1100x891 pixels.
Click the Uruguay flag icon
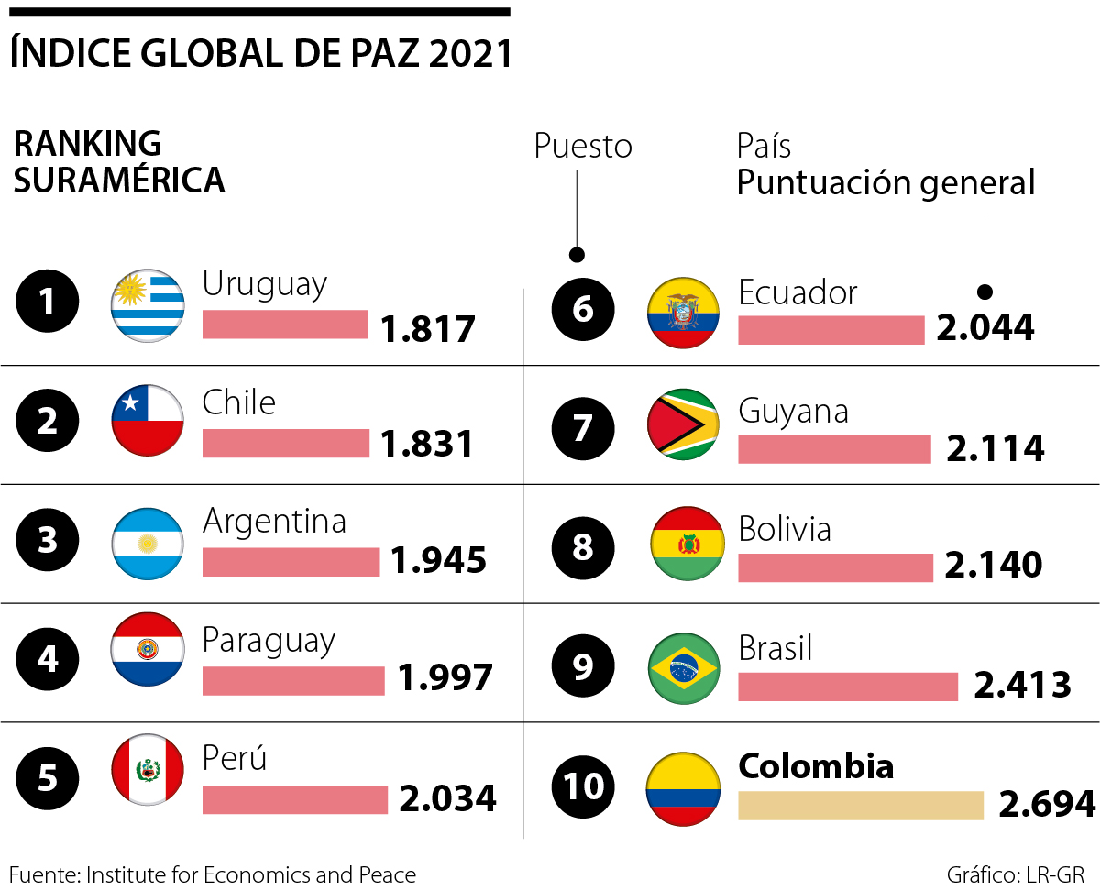(148, 307)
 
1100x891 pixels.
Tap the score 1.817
(428, 328)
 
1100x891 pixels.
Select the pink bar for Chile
(285, 443)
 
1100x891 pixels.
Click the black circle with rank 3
(48, 540)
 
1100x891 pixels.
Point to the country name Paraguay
(269, 641)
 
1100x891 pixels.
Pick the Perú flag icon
(148, 771)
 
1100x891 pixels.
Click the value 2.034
(447, 798)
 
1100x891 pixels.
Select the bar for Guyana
(834, 448)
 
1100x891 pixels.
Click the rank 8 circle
(583, 547)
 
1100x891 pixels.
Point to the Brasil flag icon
(684, 667)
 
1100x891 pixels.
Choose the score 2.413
(1022, 685)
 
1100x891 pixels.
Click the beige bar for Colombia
(860, 805)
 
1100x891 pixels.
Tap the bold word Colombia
(816, 766)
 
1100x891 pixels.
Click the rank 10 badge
(583, 786)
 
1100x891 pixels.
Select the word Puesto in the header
(583, 147)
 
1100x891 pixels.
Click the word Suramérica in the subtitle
(119, 181)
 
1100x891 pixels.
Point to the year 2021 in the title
(469, 54)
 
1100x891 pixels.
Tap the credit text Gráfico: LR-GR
(1020, 874)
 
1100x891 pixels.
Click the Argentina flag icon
(148, 544)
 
